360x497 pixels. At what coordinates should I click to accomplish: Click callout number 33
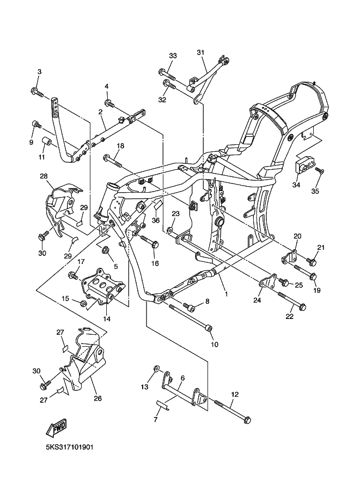pyautogui.click(x=173, y=56)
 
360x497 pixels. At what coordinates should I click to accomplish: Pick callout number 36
pyautogui.click(x=155, y=220)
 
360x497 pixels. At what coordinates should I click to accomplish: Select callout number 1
pyautogui.click(x=225, y=293)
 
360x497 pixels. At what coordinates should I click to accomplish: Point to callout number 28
pyautogui.click(x=44, y=176)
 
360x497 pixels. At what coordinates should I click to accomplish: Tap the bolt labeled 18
pyautogui.click(x=112, y=160)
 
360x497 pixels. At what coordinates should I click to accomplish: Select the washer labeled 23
pyautogui.click(x=171, y=231)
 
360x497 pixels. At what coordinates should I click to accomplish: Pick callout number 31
pyautogui.click(x=200, y=52)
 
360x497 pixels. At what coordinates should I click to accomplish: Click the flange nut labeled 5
pyautogui.click(x=106, y=250)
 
